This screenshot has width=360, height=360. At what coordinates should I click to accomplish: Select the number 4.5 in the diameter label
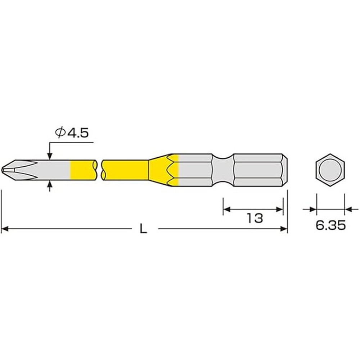pyautogui.click(x=77, y=132)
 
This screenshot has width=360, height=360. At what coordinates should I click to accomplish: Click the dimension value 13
pyautogui.click(x=255, y=218)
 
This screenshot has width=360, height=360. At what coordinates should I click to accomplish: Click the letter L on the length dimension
pyautogui.click(x=143, y=229)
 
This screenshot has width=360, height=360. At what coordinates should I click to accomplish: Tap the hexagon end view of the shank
pyautogui.click(x=330, y=170)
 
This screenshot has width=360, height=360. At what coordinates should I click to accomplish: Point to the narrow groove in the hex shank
pyautogui.click(x=223, y=170)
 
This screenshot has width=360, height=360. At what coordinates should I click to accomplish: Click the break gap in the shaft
pyautogui.click(x=100, y=170)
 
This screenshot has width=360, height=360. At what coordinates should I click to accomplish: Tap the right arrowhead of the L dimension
pyautogui.click(x=284, y=229)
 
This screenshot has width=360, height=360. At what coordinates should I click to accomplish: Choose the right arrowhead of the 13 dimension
pyautogui.click(x=280, y=209)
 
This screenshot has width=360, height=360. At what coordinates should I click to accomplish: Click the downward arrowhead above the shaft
pyautogui.click(x=50, y=156)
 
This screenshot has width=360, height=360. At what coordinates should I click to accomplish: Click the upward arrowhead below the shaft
pyautogui.click(x=50, y=184)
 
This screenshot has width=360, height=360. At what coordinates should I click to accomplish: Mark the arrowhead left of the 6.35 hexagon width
pyautogui.click(x=312, y=209)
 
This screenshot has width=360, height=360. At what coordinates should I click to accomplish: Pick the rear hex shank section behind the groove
pyautogui.click(x=257, y=170)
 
